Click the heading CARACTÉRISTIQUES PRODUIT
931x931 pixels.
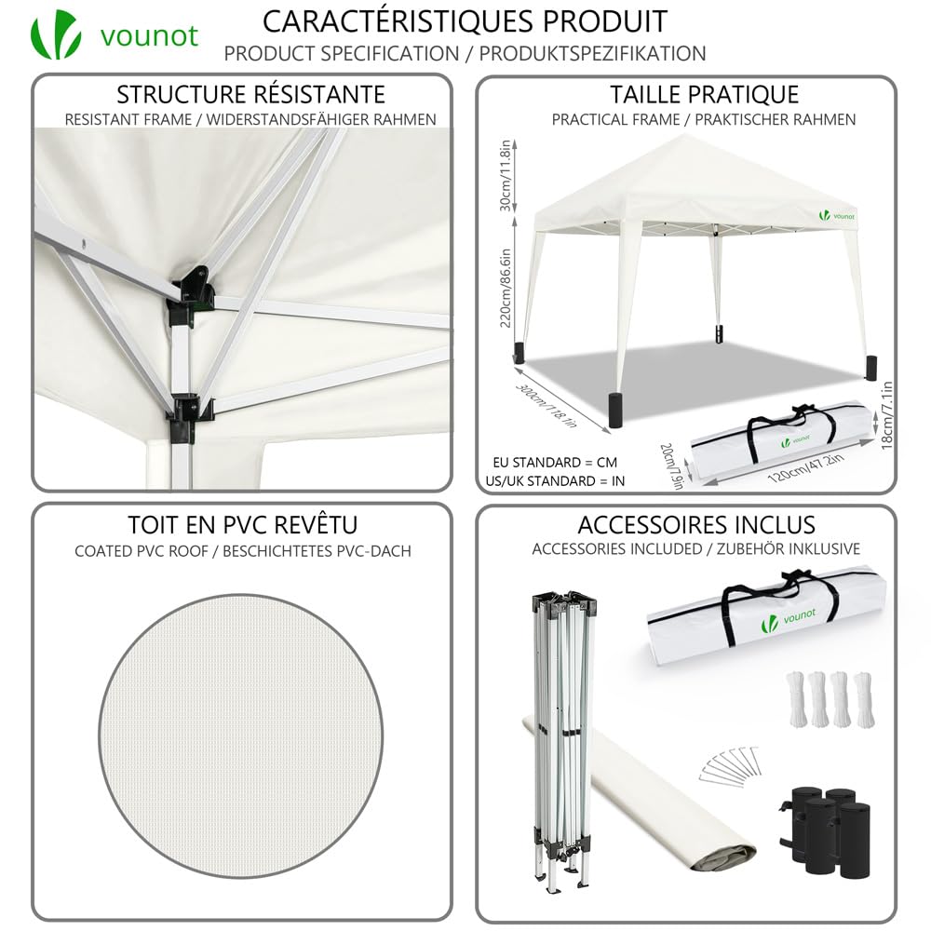click(x=465, y=20)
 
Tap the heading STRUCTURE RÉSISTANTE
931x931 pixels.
click(x=250, y=94)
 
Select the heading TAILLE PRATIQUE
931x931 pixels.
click(x=704, y=94)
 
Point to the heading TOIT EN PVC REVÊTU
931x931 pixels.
click(x=242, y=525)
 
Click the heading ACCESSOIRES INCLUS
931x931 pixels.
click(x=695, y=525)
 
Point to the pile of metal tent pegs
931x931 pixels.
click(x=729, y=763)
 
